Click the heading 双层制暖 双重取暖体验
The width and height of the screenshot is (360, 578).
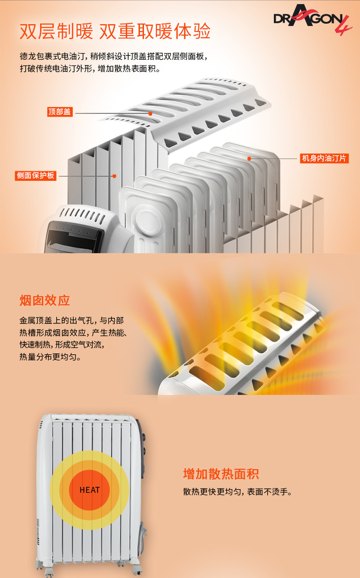(115, 31)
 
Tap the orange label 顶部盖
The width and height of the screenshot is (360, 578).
(59, 112)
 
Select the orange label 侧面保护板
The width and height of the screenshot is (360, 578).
(36, 175)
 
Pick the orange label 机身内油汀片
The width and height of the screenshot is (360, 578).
(324, 159)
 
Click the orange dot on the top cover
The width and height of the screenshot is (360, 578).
(150, 113)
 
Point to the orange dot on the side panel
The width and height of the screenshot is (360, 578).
(114, 176)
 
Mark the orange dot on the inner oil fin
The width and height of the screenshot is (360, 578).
(250, 159)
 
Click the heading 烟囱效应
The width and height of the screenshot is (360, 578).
(45, 301)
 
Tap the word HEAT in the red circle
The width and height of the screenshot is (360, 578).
(90, 490)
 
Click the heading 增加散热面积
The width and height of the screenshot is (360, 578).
(221, 474)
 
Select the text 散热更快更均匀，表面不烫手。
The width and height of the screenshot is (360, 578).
(238, 492)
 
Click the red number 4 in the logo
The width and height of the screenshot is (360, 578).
(343, 26)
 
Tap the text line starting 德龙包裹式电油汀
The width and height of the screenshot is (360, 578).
(114, 56)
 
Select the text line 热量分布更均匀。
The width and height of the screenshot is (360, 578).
(50, 357)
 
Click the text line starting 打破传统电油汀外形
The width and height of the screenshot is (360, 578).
(90, 68)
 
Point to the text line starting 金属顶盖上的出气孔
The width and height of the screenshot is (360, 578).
(72, 320)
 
